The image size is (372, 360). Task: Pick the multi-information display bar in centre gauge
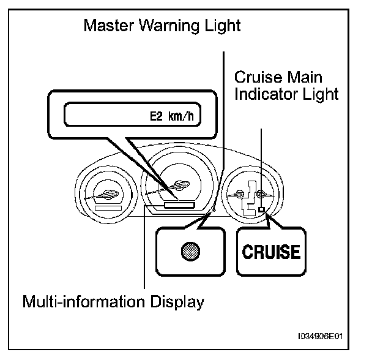click(178, 206)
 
